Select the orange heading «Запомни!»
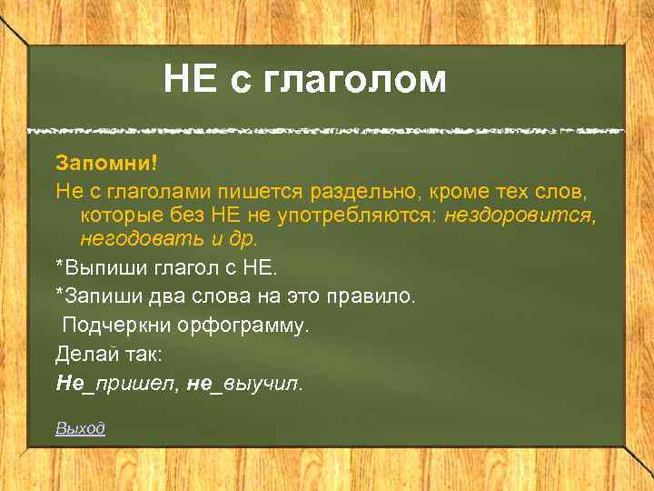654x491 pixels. pos(106,163)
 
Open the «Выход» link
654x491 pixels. pos(80,428)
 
